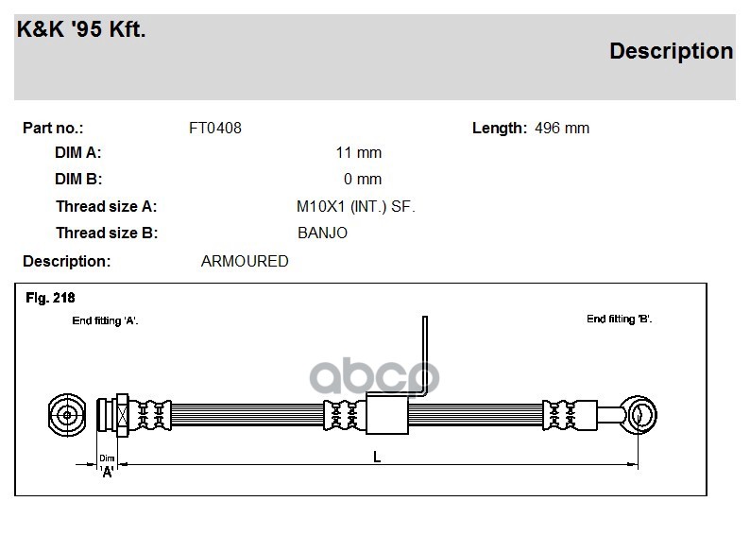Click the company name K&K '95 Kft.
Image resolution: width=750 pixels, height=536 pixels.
tap(81, 28)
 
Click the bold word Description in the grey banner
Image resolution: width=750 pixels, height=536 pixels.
tap(671, 51)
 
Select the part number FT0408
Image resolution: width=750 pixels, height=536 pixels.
tap(215, 128)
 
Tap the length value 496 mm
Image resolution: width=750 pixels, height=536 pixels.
tap(561, 128)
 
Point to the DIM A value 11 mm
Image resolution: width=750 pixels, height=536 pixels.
tap(359, 152)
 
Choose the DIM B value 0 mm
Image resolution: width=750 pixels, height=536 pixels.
tap(363, 179)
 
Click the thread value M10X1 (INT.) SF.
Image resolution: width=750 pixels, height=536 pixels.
tap(356, 206)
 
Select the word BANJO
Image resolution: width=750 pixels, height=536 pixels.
tap(322, 233)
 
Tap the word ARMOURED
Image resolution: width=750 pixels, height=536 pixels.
tap(245, 261)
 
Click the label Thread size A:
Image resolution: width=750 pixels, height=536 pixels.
tap(106, 206)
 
